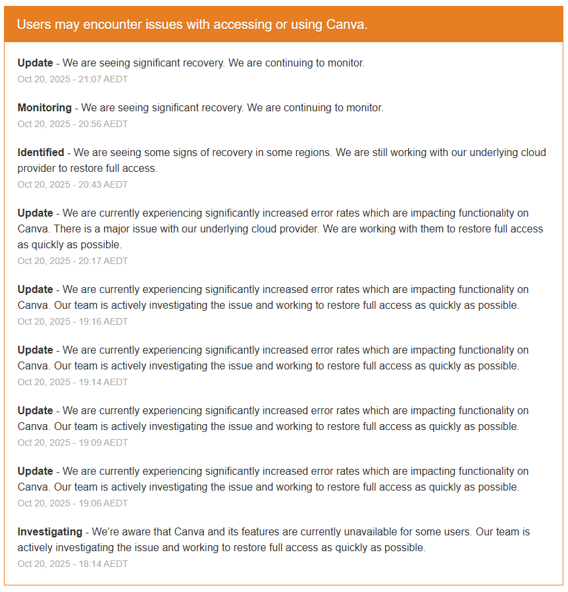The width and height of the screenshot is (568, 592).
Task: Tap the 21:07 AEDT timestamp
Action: tap(72, 79)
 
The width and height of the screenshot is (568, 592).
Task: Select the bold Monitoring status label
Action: tap(44, 107)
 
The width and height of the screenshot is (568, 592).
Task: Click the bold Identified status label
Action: tap(41, 152)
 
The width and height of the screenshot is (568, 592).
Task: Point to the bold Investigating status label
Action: tap(50, 531)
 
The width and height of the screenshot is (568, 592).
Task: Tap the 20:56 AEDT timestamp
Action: tap(72, 124)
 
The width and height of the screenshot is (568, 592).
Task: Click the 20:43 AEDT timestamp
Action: tap(72, 184)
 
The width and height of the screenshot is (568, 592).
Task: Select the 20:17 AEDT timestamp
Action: tap(72, 261)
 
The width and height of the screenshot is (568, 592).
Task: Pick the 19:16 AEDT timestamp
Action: tap(72, 321)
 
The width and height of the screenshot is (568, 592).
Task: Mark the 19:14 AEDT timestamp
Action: tap(72, 382)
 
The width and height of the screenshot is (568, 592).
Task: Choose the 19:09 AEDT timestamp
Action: tap(72, 443)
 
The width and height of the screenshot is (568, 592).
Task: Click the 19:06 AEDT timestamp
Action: tap(72, 503)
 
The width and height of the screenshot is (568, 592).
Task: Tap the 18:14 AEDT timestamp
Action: tap(72, 564)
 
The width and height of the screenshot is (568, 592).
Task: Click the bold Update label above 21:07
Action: tap(36, 63)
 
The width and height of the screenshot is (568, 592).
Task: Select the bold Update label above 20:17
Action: tap(36, 213)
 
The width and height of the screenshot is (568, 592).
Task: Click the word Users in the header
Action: tap(32, 24)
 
